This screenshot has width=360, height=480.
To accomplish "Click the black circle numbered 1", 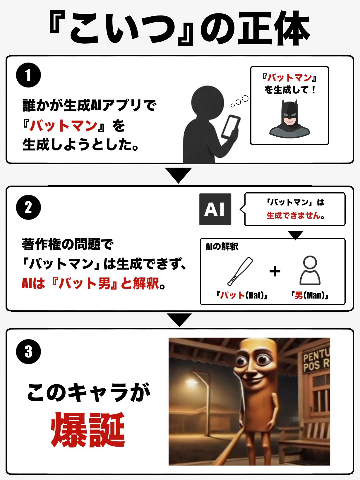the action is [28, 75].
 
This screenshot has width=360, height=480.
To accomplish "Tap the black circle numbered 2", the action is [28, 207].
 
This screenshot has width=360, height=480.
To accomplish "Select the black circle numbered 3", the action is [28, 352].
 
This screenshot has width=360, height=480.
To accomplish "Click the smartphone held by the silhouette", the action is [231, 126].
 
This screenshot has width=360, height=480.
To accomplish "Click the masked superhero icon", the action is [290, 119].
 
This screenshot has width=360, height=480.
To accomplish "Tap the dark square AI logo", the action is [215, 209].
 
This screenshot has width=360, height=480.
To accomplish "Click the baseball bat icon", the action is [240, 271].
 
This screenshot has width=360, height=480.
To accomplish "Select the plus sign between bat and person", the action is [275, 271].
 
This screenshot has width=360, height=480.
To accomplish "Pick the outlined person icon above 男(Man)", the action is [310, 270].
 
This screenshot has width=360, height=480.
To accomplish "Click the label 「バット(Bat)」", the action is [242, 295].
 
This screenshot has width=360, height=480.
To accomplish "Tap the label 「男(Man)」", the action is [309, 295].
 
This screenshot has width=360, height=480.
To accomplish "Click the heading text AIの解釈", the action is [222, 247].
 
